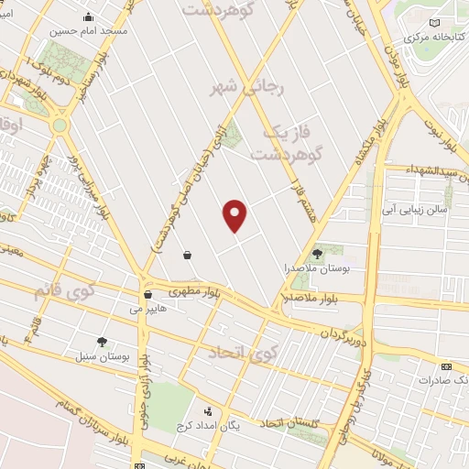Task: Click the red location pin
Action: (235, 215)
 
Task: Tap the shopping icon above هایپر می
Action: (147, 295)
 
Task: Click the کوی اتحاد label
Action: (242, 352)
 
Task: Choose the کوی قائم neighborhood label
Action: (63, 293)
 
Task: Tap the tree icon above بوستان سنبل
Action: (102, 341)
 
